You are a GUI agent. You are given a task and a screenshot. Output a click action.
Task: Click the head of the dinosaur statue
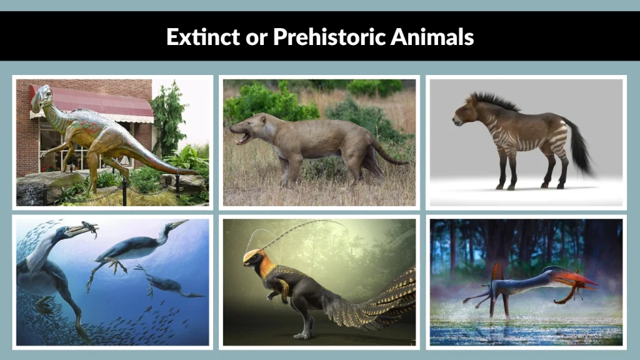42,97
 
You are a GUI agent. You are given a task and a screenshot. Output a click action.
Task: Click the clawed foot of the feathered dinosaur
300,335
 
